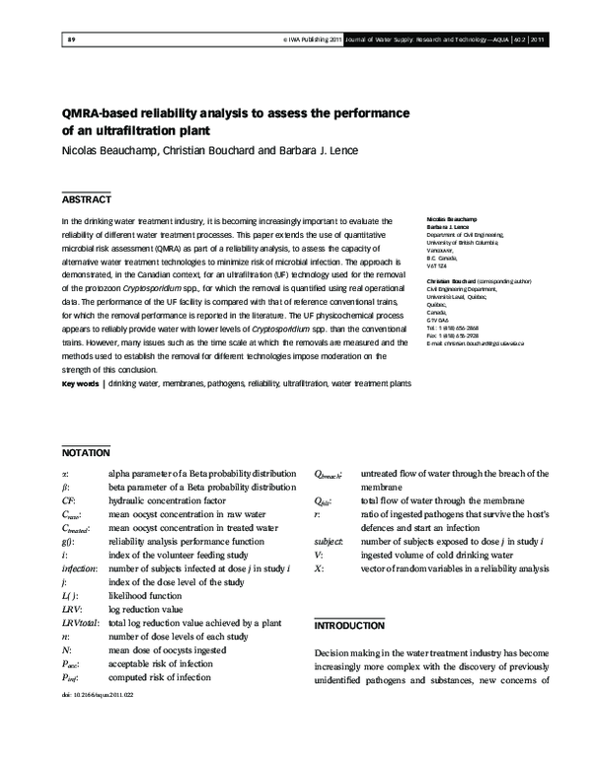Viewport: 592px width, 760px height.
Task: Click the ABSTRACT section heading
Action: pos(86,199)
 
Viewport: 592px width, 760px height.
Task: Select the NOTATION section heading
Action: pos(85,454)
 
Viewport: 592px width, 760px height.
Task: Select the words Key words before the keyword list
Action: pos(80,411)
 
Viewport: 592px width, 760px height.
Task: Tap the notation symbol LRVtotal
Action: pos(80,624)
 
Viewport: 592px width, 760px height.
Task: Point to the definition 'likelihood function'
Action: pos(146,596)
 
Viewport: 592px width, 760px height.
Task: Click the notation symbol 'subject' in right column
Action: pos(329,541)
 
